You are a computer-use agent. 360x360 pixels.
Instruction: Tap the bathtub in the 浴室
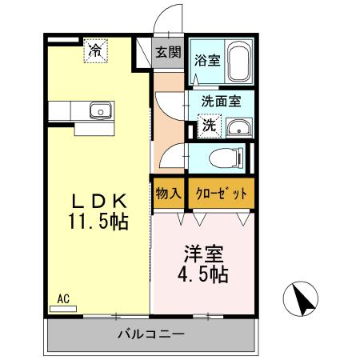point(238,62)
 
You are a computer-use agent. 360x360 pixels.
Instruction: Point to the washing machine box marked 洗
point(207,126)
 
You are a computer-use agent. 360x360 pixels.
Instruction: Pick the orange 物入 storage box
point(167,193)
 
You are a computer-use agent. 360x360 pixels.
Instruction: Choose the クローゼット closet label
point(221,193)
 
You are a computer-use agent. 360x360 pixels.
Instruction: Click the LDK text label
point(97,200)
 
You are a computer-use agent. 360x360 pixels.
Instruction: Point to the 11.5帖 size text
point(97,219)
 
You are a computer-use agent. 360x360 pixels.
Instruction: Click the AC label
point(63,298)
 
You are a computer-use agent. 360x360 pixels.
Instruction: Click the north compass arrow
point(304,301)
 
